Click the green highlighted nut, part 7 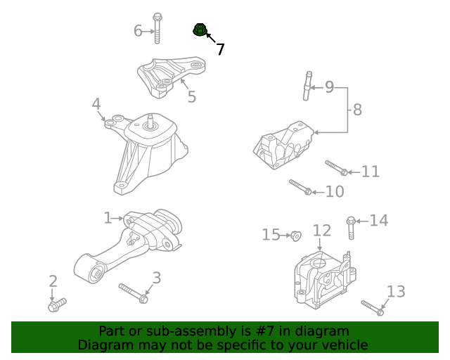200,30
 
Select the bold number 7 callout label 220,49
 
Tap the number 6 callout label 139,30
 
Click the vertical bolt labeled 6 157,27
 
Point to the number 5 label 191,96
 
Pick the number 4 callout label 96,105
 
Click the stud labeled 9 307,86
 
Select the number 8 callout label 357,110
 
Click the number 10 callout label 335,191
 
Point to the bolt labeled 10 300,187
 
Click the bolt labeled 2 56,305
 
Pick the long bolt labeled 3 133,292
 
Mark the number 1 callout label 108,219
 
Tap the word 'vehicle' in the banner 344,345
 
